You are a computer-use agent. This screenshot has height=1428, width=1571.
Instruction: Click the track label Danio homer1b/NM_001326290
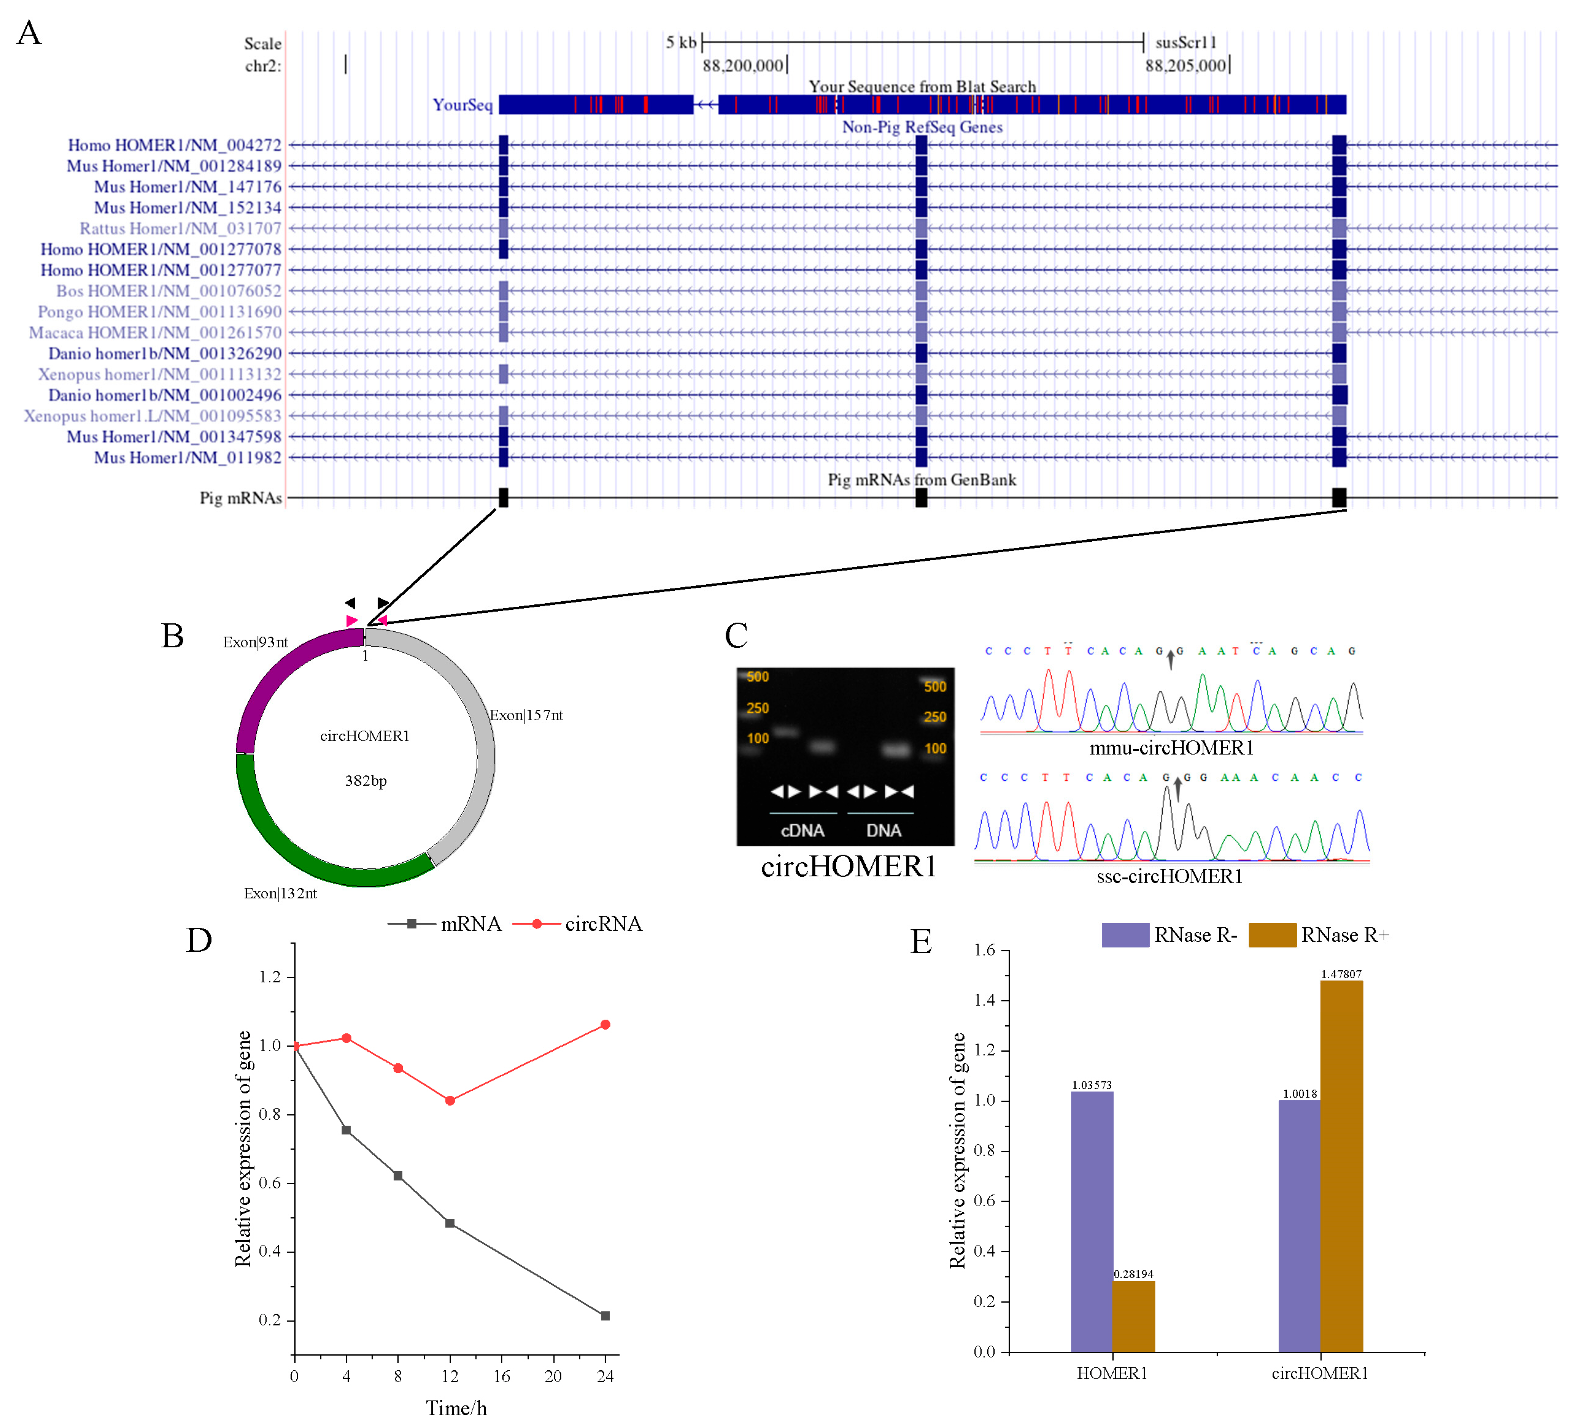click(x=165, y=354)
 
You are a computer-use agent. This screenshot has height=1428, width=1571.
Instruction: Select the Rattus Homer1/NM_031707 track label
click(x=180, y=228)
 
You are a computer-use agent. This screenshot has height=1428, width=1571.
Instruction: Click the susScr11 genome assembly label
click(x=1185, y=42)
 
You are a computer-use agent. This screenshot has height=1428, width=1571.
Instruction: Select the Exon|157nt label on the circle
click(x=526, y=715)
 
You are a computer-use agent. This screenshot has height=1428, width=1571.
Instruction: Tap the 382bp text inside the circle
click(x=366, y=781)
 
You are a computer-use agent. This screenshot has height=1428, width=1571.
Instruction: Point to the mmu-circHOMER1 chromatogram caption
click(x=1171, y=748)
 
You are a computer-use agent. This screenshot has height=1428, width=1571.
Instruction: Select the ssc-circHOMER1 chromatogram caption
click(x=1169, y=877)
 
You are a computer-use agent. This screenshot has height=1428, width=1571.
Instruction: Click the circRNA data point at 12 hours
click(x=450, y=1101)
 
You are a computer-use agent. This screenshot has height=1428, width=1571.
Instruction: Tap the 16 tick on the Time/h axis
click(x=502, y=1377)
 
